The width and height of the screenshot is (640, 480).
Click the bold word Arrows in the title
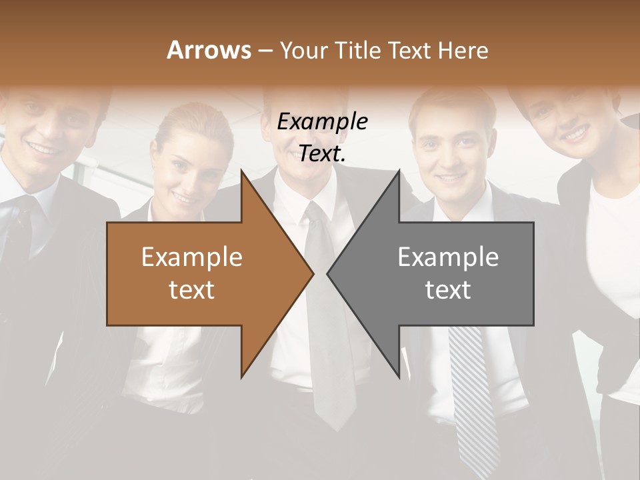point(208,50)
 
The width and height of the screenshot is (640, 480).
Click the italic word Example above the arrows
point(322,122)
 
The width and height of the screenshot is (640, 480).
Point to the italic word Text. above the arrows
point(322,154)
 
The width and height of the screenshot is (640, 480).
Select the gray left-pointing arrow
point(447,273)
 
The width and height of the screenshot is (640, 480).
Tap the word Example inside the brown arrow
point(192,257)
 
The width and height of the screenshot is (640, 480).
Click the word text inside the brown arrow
point(192,290)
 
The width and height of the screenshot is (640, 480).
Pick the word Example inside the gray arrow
point(448,257)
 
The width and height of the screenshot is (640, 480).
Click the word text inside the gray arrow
point(448,290)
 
